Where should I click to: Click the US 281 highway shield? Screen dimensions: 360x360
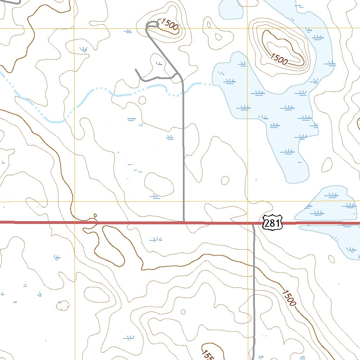click(273, 223)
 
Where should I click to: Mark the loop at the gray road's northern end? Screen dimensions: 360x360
click(153, 24)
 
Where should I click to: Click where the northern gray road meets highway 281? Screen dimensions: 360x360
click(184, 221)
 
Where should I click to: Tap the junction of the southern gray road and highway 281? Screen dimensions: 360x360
click(253, 224)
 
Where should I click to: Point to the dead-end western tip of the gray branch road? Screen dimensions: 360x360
click(136, 70)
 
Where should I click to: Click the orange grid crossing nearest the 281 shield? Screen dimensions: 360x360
click(247, 202)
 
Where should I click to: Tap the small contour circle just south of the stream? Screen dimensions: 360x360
click(142, 101)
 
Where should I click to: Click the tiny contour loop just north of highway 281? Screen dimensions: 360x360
click(95, 215)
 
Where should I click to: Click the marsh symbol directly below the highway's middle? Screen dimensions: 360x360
click(155, 240)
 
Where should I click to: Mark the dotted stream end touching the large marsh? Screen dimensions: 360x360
click(211, 84)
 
